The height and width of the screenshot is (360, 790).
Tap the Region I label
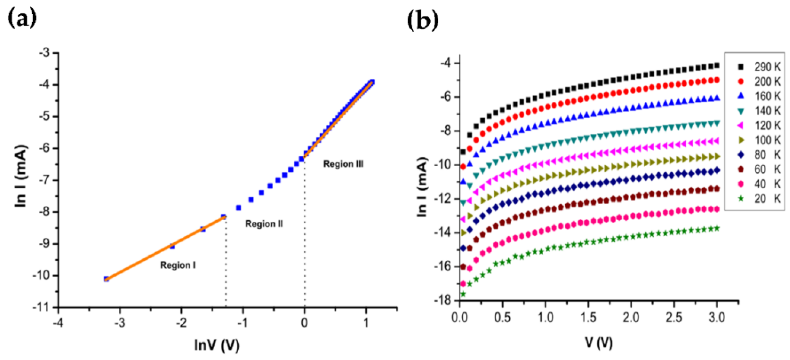178,265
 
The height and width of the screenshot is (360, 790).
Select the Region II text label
264,224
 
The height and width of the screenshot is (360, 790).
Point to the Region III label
343,164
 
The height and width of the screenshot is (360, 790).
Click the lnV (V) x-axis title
217,345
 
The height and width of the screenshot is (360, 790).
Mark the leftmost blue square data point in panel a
106,279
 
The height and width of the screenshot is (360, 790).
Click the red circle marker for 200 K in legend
741,81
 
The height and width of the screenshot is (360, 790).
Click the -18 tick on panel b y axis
442,300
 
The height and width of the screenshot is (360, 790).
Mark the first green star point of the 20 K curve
463,294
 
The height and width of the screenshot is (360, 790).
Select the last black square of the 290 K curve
717,65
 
